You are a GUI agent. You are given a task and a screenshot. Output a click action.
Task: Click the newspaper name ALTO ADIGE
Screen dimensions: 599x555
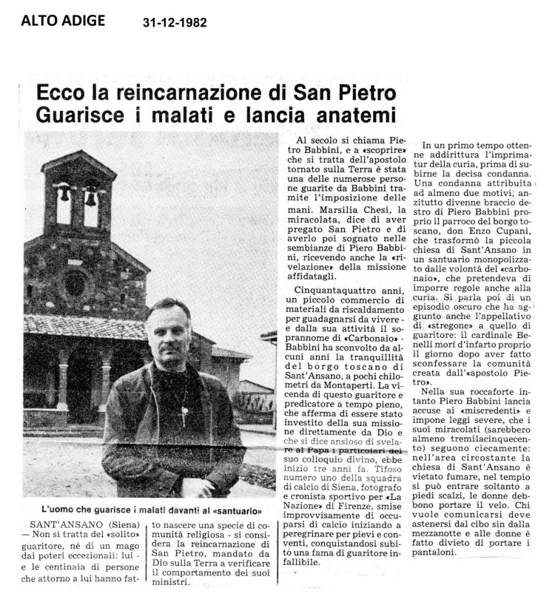(x=63, y=20)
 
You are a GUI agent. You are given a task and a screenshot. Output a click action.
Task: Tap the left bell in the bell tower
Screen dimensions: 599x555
(x=64, y=195)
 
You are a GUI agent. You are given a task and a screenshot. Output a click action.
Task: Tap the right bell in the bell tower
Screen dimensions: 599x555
(x=90, y=197)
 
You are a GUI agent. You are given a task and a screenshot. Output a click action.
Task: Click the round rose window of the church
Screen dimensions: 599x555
(x=75, y=282)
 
